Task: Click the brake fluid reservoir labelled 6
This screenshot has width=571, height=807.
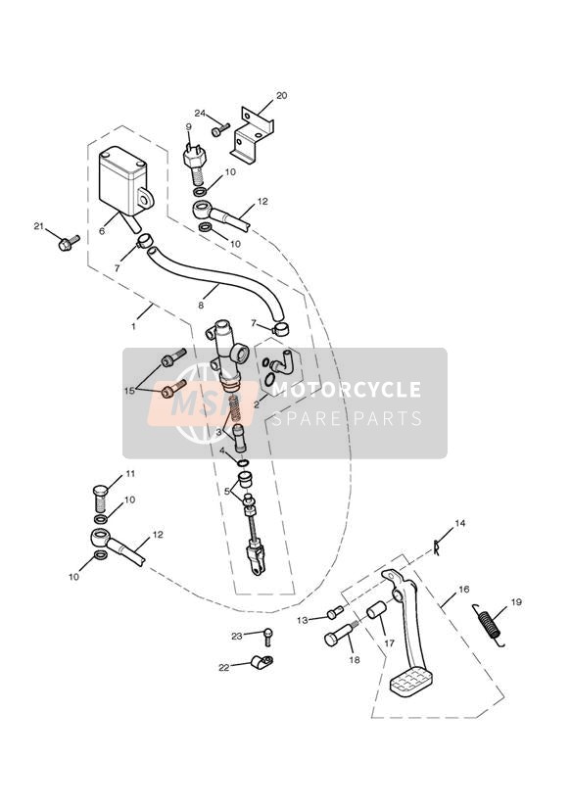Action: (x=122, y=183)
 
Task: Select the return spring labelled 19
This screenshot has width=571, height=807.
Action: (x=489, y=624)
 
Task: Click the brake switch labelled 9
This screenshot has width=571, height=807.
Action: (x=195, y=161)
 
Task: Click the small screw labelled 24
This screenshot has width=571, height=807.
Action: (x=221, y=129)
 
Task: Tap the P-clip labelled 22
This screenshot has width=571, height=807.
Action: (x=262, y=662)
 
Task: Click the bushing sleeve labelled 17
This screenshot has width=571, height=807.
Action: (x=377, y=609)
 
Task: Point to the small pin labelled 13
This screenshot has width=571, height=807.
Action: (x=335, y=612)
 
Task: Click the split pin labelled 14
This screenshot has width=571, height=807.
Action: (x=437, y=547)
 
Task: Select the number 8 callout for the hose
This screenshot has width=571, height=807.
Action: (x=201, y=306)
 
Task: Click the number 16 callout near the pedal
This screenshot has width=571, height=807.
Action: (x=464, y=590)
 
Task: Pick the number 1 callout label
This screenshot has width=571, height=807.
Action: (x=133, y=326)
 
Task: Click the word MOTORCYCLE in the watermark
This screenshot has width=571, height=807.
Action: (x=346, y=389)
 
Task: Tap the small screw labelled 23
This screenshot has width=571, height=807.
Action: (x=267, y=637)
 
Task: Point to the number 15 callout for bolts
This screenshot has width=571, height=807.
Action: (x=129, y=391)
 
